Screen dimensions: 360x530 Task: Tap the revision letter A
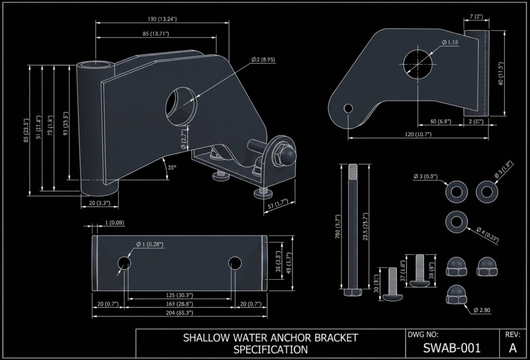(513, 347)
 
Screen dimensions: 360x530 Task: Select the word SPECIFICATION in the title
(271, 349)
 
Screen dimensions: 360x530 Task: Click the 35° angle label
(172, 167)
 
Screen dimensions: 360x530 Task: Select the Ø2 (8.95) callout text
(263, 60)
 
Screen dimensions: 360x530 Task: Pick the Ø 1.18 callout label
(450, 42)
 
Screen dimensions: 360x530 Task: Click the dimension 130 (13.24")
(163, 19)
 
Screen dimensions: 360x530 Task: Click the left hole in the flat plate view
(124, 263)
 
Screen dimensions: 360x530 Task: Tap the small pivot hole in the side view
(348, 108)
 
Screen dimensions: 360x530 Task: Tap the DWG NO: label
(423, 335)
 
